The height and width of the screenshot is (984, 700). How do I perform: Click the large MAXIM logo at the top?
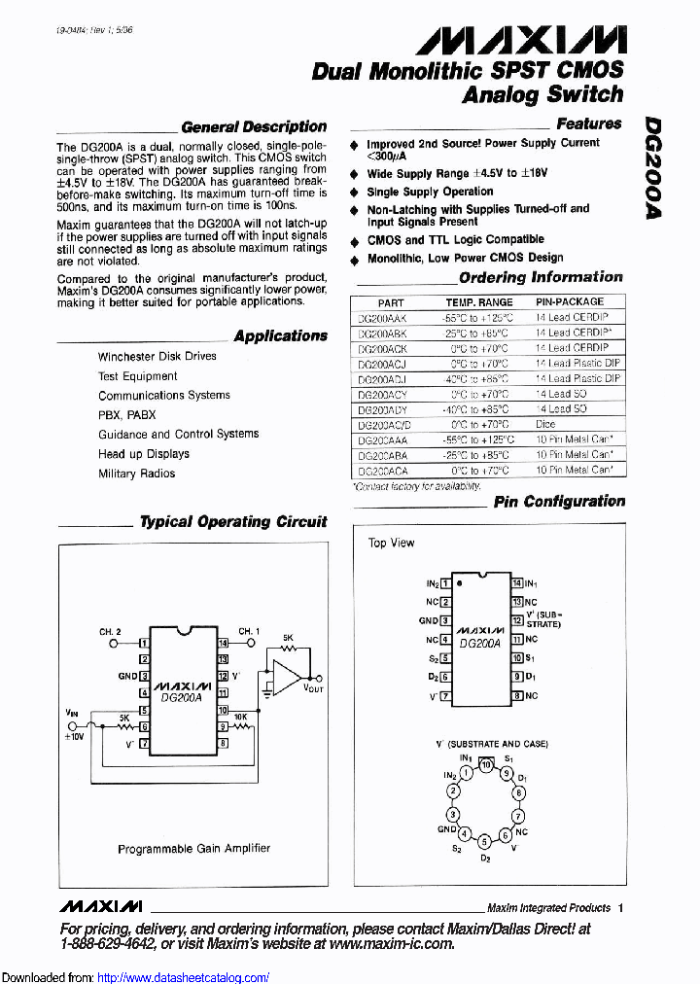click(521, 39)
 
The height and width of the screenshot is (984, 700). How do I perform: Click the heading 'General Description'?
click(254, 126)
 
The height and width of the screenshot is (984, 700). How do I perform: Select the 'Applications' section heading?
click(280, 335)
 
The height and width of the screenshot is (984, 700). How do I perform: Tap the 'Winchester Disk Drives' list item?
click(157, 356)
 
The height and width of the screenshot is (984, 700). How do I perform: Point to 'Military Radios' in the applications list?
click(136, 474)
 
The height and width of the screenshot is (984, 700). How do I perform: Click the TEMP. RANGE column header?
click(478, 302)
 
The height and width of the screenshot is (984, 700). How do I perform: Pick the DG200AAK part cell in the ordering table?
click(382, 318)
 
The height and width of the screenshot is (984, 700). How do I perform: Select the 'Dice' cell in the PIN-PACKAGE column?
click(545, 424)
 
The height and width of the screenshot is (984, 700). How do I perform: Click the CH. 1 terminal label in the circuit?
click(249, 632)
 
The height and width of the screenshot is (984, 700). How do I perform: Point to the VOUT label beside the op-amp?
click(313, 687)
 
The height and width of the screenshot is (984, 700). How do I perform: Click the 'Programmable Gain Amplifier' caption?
click(193, 849)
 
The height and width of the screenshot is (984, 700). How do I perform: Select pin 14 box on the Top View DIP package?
click(516, 583)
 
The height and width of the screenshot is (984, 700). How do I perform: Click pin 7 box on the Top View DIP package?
click(445, 696)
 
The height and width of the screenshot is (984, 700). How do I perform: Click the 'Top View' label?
click(391, 543)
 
